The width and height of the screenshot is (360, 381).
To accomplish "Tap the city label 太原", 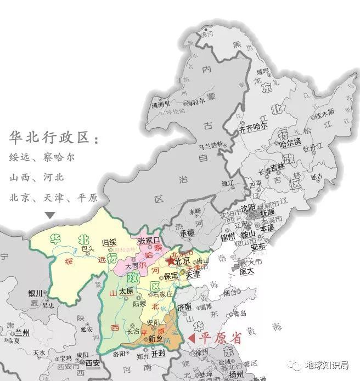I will [127, 291].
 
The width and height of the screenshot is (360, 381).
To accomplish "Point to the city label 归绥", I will [110, 242].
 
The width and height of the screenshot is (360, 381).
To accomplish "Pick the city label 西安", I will [94, 362].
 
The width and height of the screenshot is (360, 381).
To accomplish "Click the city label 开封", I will [158, 354].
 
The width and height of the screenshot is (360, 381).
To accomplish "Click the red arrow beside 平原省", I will [193, 338].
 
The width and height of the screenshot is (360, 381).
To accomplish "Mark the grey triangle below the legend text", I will [50, 215].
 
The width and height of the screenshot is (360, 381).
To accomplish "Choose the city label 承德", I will [187, 233].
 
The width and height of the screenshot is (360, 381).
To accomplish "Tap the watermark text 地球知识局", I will [328, 365].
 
